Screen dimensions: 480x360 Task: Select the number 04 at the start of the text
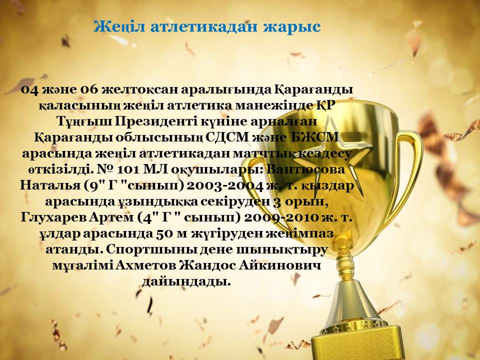(30, 90)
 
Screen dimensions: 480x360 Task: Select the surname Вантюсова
(306, 170)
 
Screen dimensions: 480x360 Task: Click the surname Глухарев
(54, 218)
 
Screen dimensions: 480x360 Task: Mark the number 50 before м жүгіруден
(162, 234)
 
